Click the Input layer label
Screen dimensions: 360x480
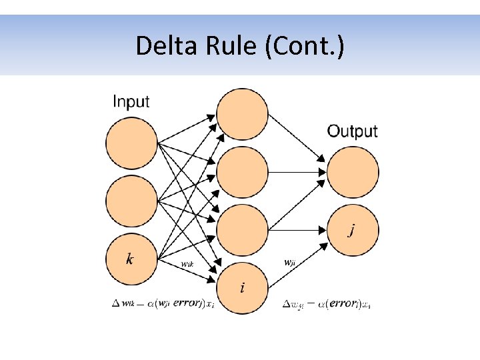(x=131, y=102)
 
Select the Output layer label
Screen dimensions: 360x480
(x=352, y=131)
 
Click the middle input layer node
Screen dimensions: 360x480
(x=131, y=201)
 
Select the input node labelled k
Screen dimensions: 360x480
(x=131, y=259)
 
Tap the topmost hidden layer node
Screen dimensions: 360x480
(x=243, y=115)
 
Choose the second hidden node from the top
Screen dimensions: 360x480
(x=243, y=173)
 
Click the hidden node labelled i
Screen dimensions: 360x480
(x=243, y=288)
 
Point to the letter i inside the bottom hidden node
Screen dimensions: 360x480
(x=242, y=288)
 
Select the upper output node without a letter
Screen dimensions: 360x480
(x=353, y=172)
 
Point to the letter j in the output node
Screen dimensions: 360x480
(x=352, y=231)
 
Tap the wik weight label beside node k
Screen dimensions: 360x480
(x=188, y=263)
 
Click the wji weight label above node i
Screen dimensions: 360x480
(x=290, y=262)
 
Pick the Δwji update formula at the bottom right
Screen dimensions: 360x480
(x=327, y=305)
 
